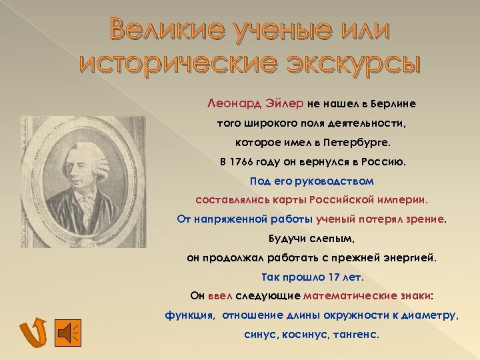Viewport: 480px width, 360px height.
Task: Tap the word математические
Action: [344, 295]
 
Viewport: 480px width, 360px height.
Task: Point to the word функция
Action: [190, 315]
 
